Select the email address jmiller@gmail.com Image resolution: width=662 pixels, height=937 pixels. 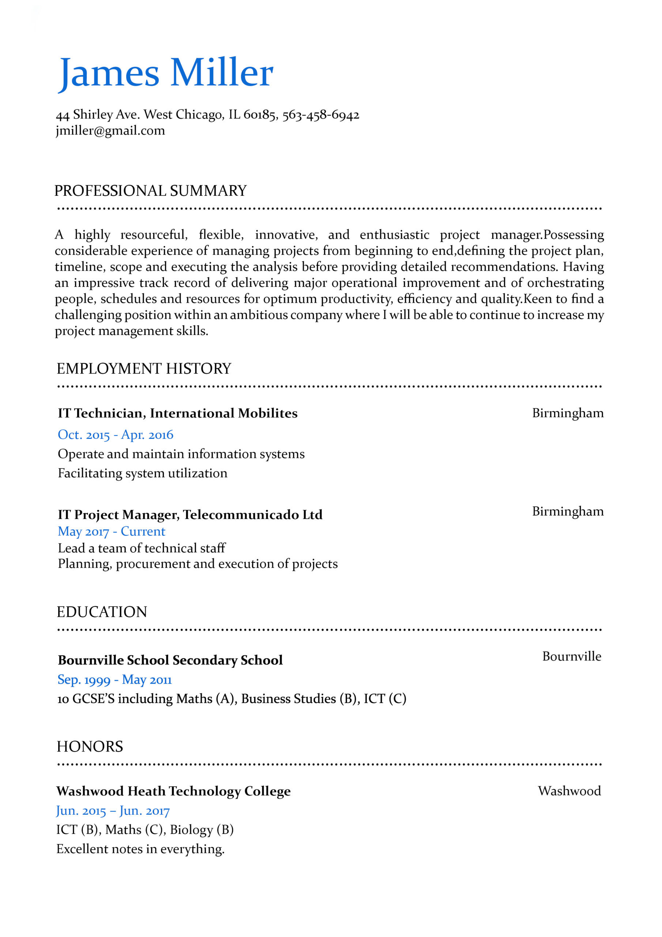pyautogui.click(x=110, y=131)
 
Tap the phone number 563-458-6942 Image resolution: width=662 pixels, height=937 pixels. pyautogui.click(x=321, y=115)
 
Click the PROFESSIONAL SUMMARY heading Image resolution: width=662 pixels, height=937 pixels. pyautogui.click(x=151, y=191)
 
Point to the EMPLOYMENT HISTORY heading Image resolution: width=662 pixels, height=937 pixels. pyautogui.click(x=144, y=369)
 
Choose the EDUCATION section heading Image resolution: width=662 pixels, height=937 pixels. pyautogui.click(x=102, y=612)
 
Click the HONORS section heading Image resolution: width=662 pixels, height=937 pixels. pyautogui.click(x=90, y=746)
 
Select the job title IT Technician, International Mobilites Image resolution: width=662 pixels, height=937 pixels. pyautogui.click(x=177, y=413)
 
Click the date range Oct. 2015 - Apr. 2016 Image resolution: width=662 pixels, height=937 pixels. pyautogui.click(x=116, y=434)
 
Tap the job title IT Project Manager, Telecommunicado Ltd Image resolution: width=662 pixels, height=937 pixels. pyautogui.click(x=190, y=515)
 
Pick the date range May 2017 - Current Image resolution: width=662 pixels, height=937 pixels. pyautogui.click(x=111, y=531)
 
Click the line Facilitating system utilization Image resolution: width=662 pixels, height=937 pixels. pyautogui.click(x=142, y=473)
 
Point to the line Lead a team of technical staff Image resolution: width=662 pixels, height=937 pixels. pyautogui.click(x=142, y=548)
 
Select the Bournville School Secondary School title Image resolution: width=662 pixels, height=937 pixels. pyautogui.click(x=170, y=660)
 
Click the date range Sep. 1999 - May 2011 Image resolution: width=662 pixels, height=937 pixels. pyautogui.click(x=114, y=679)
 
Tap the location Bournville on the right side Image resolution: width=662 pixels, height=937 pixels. pyautogui.click(x=571, y=656)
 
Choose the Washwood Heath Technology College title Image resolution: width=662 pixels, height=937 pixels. pyautogui.click(x=173, y=791)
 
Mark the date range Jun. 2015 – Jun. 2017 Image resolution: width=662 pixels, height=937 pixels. pyautogui.click(x=113, y=810)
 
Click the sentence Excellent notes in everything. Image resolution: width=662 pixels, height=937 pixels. pyautogui.click(x=140, y=849)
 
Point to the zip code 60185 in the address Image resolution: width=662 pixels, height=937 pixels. pyautogui.click(x=259, y=115)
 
